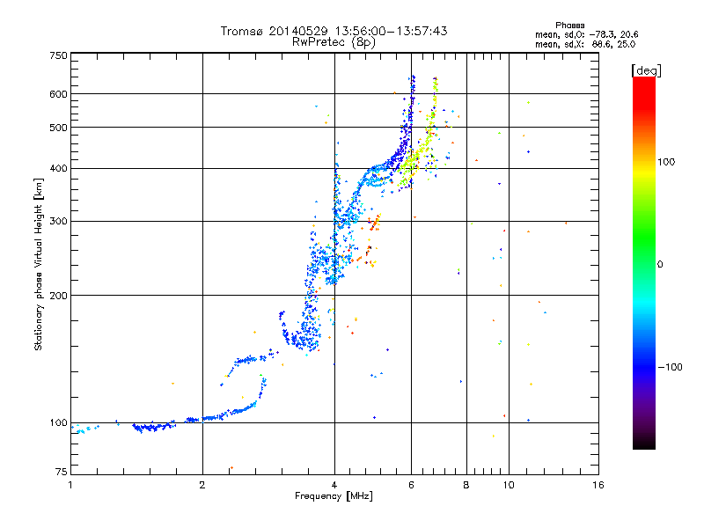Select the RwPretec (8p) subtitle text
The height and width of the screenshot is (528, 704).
(334, 42)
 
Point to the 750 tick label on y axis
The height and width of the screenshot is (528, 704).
(59, 55)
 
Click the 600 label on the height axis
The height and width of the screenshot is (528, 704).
(59, 94)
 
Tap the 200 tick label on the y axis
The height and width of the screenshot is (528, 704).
(59, 296)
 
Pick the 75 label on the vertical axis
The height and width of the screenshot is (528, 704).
(62, 472)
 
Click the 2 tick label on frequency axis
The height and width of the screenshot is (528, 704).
(202, 485)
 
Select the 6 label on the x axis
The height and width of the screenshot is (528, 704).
(411, 485)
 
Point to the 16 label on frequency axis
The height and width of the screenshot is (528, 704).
(598, 485)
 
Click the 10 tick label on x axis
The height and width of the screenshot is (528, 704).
(509, 485)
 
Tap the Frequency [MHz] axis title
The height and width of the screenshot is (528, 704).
(334, 496)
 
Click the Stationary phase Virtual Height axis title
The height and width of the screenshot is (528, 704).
(39, 264)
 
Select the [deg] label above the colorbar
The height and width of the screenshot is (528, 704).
(646, 70)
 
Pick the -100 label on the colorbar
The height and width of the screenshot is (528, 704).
(671, 367)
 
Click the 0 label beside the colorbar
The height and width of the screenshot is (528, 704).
(660, 265)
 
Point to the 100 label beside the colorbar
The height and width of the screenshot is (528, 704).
(666, 162)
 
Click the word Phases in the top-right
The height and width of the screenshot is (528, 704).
(569, 26)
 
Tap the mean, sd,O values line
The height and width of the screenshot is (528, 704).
(587, 34)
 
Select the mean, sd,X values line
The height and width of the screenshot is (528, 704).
(585, 45)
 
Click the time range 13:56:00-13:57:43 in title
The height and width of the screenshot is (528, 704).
(391, 31)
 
